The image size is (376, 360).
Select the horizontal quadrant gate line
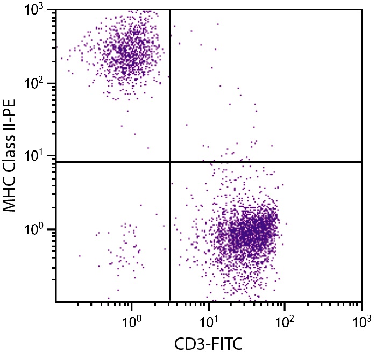269,162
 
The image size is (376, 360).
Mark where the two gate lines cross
170,162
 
